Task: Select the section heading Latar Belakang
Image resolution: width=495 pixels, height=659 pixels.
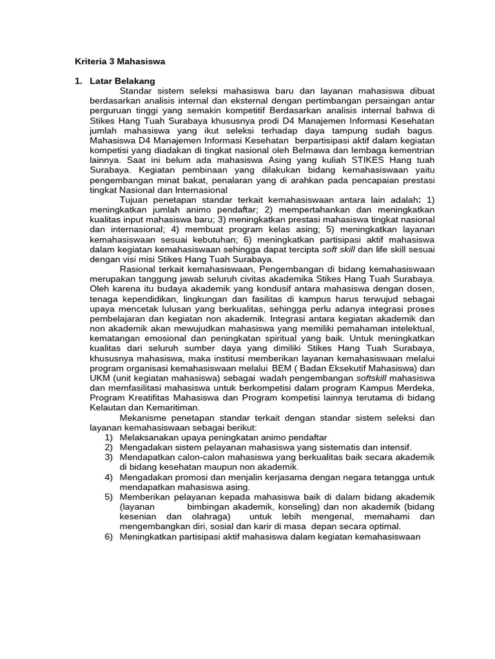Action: (122, 81)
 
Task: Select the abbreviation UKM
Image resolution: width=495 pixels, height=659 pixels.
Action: (99, 378)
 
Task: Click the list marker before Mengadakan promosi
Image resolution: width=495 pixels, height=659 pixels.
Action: (109, 477)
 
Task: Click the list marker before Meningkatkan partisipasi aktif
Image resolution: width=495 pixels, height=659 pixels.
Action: (109, 537)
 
